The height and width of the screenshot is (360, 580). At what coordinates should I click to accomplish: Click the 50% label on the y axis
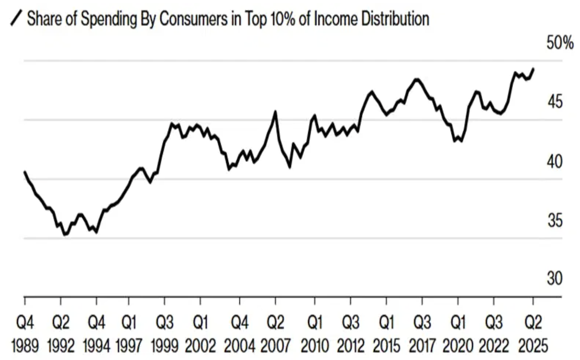coord(560,43)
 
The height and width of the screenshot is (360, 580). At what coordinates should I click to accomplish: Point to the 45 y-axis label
coord(555,102)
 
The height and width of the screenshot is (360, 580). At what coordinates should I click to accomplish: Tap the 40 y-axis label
coord(555,161)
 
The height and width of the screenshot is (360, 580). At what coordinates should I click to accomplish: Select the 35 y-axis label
coord(555,221)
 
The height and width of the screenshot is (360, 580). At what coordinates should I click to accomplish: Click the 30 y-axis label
coord(555,279)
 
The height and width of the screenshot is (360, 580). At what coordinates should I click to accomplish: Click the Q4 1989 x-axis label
coord(25,334)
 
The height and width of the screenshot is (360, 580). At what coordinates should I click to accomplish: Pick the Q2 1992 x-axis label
coord(61,334)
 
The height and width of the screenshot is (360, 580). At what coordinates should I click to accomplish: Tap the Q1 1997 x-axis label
coord(129,334)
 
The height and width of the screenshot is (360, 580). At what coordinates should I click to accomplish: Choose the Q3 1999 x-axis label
coord(164,334)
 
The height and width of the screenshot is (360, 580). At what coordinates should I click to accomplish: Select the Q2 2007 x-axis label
coord(276,334)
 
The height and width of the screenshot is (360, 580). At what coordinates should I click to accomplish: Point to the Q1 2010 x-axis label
coord(315,334)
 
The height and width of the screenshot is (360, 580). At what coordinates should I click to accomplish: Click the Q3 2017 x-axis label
coord(422,334)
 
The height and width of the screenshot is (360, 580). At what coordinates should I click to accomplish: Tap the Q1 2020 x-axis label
coord(458,334)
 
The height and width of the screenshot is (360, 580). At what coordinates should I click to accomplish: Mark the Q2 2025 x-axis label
coord(533,334)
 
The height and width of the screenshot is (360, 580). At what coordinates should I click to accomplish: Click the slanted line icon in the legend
coord(16,18)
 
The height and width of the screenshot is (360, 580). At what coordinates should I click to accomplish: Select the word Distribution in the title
coord(395,19)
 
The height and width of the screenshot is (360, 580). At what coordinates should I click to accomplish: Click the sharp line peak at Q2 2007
coord(276,112)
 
